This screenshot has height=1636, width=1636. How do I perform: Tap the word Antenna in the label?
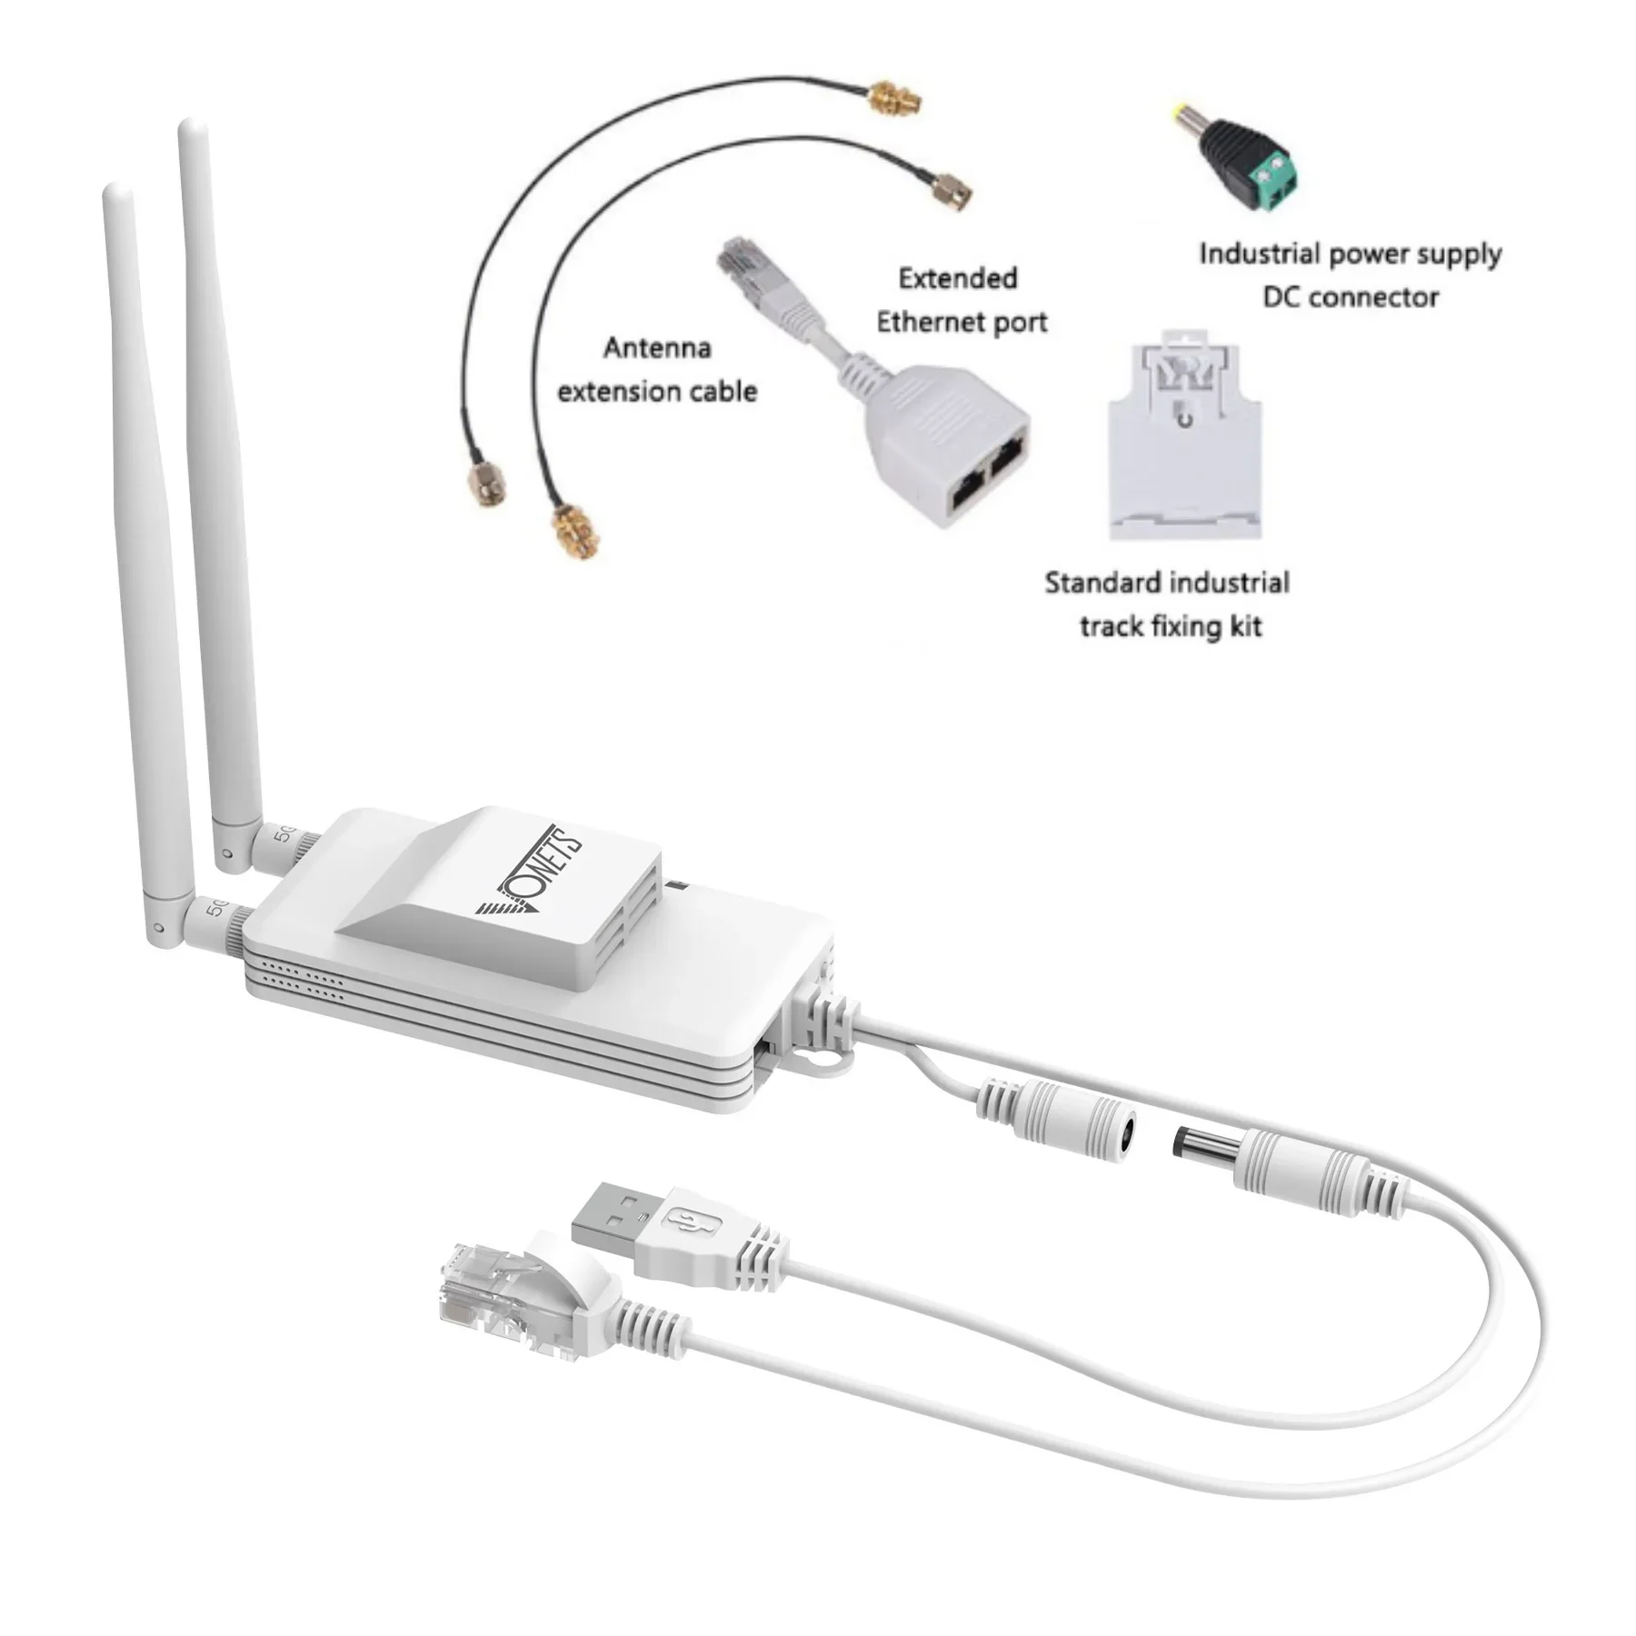point(656,348)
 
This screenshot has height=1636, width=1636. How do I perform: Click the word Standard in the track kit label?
point(1102,583)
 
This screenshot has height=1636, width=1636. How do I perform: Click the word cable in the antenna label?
point(719,392)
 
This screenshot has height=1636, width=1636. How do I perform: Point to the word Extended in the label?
point(957,279)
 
